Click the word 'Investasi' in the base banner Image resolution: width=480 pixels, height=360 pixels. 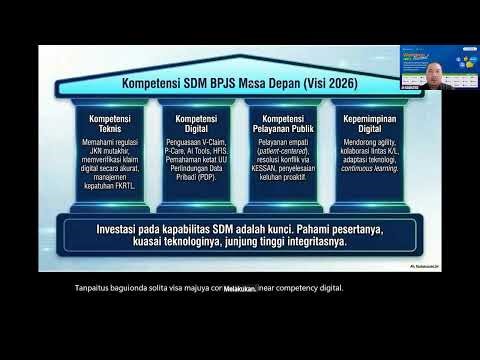tap(122, 228)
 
